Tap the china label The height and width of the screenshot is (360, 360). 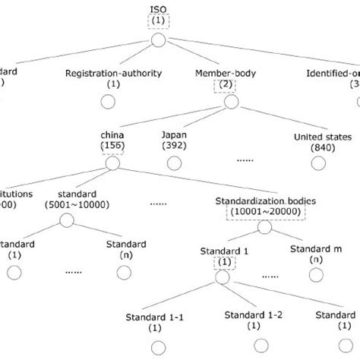click(115, 134)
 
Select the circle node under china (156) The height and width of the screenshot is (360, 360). click(115, 163)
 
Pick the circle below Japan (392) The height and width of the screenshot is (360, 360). click(174, 163)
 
